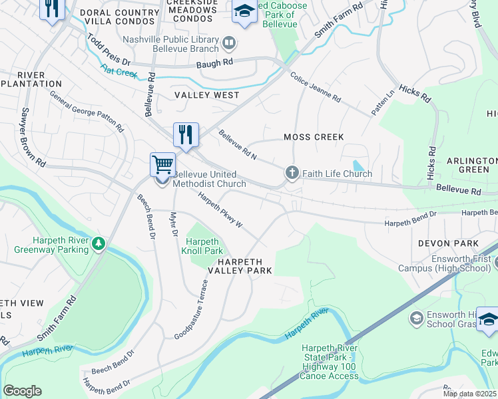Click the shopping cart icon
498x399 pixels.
(x=162, y=164)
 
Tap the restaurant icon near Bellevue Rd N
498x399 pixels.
(x=186, y=134)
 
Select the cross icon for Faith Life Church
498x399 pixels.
(x=292, y=174)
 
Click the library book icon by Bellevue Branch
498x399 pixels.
(x=229, y=43)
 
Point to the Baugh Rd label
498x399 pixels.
(x=214, y=64)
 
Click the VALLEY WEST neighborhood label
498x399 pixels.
(x=207, y=95)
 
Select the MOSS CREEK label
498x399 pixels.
(x=314, y=137)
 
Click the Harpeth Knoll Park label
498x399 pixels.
(x=203, y=246)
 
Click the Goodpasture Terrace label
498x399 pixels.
(x=192, y=309)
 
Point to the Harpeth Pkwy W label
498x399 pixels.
(x=220, y=209)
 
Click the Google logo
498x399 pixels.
(x=22, y=391)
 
